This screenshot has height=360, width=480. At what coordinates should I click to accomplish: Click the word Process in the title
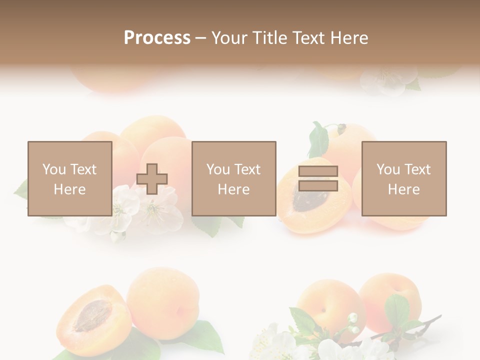point(157,38)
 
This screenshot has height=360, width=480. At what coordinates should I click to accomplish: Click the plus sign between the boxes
point(152,179)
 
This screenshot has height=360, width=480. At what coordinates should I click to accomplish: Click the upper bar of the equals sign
point(318,171)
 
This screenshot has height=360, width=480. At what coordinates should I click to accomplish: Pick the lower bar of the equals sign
point(318,186)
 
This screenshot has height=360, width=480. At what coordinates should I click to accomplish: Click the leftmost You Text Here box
point(69,178)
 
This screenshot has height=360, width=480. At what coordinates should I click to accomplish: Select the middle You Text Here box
point(233,178)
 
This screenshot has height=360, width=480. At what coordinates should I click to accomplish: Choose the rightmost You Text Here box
point(403,178)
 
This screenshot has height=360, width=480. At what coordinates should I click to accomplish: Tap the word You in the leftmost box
point(54,169)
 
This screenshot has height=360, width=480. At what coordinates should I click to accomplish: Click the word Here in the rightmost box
point(403,189)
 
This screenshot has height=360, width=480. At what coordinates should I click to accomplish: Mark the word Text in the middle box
point(247,169)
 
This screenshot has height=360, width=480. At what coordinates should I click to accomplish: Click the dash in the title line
point(201,38)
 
